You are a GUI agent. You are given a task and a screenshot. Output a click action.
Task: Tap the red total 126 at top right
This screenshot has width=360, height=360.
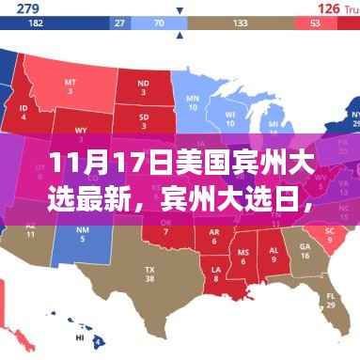coord(328,8)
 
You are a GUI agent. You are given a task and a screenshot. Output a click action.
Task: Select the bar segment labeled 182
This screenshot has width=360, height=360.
coord(37,23)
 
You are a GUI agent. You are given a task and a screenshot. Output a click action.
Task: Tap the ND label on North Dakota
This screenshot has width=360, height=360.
coord(142,85)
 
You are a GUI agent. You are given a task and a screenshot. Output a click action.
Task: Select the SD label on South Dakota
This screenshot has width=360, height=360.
coord(142,119)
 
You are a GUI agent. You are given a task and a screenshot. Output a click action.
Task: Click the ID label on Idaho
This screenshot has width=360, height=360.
coord(23,111)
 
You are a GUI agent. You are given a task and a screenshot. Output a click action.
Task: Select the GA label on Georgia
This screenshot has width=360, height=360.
coord(305,250)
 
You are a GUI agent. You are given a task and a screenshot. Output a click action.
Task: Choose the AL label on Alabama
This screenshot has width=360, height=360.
coord(274,254)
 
